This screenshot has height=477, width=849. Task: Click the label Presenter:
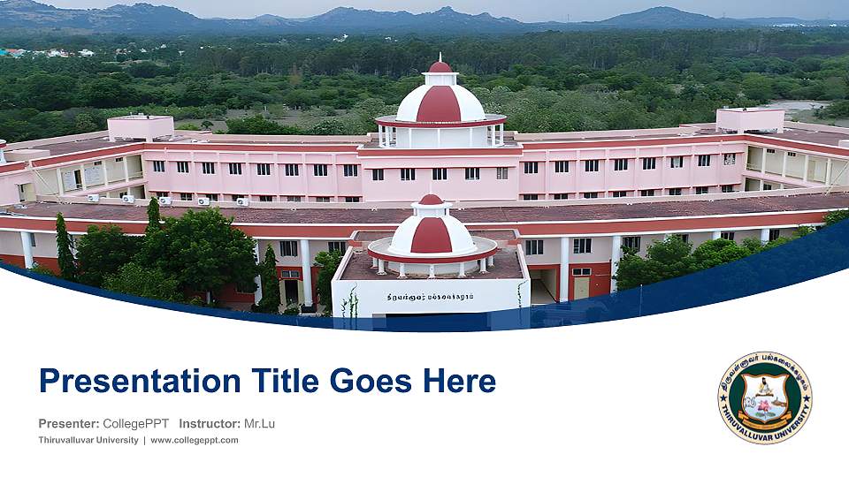pyautogui.click(x=69, y=424)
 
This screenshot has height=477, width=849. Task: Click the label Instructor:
pyautogui.click(x=210, y=424)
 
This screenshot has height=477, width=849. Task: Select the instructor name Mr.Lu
pyautogui.click(x=259, y=424)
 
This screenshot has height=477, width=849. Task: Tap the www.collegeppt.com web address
pyautogui.click(x=195, y=440)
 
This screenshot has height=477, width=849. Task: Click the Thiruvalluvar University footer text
pyautogui.click(x=88, y=440)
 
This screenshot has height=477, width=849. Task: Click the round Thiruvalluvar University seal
pyautogui.click(x=765, y=397)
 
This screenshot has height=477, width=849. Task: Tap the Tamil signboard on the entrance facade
pyautogui.click(x=431, y=297)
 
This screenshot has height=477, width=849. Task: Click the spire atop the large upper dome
pyautogui.click(x=440, y=62)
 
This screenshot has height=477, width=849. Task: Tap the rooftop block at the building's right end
pyautogui.click(x=750, y=119)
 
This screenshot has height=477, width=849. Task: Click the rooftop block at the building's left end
pyautogui.click(x=140, y=126)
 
